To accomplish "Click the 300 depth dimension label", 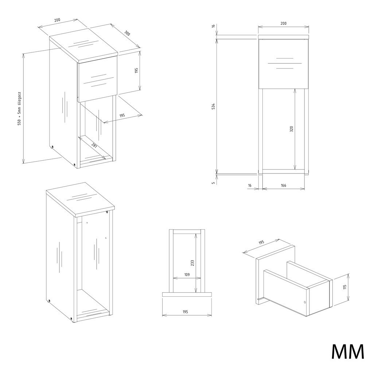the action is click(x=127, y=33).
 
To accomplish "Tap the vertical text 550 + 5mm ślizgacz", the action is click(x=20, y=109).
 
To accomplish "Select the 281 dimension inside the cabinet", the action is click(x=94, y=146).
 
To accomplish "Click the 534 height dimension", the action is click(x=213, y=106).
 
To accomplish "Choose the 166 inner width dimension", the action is click(x=283, y=185).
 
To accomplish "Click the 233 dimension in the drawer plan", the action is click(x=192, y=263).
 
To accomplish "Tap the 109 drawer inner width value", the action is click(x=187, y=274).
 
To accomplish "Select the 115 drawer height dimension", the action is click(x=344, y=287).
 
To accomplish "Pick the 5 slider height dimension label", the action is click(x=213, y=183).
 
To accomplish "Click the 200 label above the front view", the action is click(x=283, y=23).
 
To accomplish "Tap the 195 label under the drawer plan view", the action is click(x=185, y=312).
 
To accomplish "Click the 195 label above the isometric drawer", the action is click(x=261, y=243).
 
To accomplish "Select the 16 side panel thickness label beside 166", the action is click(x=250, y=185).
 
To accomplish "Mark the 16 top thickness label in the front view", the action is click(x=213, y=26).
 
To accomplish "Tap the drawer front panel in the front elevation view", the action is click(x=284, y=64).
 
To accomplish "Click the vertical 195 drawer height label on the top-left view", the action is click(x=136, y=71).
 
